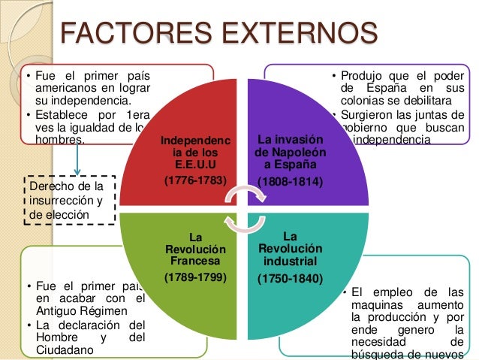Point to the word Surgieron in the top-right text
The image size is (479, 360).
tap(366, 115)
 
